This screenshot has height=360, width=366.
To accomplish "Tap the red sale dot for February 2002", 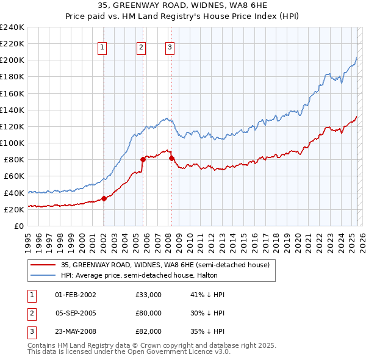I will tap(104, 198).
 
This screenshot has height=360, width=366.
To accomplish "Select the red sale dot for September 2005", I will tap(143, 159).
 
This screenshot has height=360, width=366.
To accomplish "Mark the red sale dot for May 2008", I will tap(171, 157).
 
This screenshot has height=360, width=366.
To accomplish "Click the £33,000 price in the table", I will tap(148, 295).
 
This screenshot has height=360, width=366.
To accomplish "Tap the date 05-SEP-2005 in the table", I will tap(76, 313).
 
